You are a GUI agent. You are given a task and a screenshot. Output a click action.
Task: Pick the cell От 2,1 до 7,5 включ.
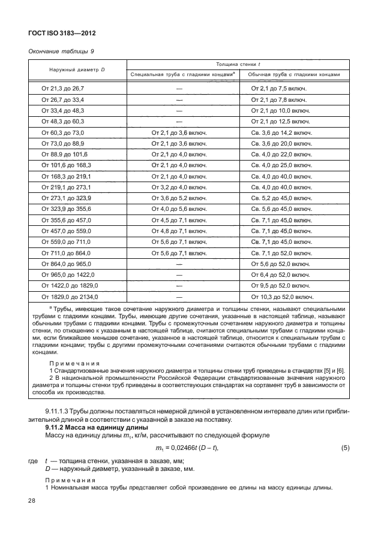(279, 88)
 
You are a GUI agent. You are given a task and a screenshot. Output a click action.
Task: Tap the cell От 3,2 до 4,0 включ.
(179, 188)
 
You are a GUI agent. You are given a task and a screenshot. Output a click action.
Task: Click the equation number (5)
(345, 448)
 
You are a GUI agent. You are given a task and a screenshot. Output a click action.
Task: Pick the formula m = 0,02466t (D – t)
(187, 449)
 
